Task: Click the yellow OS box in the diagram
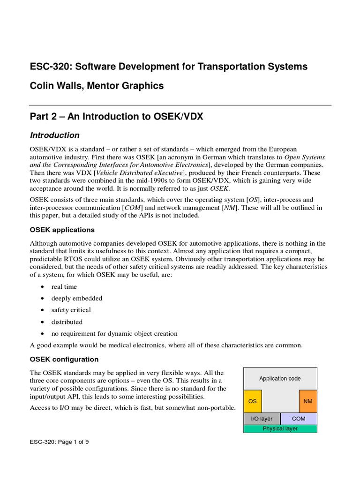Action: pyautogui.click(x=253, y=401)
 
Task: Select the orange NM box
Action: pyautogui.click(x=308, y=401)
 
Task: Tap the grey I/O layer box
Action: pyautogui.click(x=262, y=419)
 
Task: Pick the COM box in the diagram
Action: pyautogui.click(x=299, y=419)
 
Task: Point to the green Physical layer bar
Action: pyautogui.click(x=280, y=428)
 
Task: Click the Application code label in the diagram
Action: pyautogui.click(x=280, y=378)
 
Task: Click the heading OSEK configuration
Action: pyautogui.click(x=64, y=359)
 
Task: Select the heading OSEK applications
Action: pyautogui.click(x=62, y=230)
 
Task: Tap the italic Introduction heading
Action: pyautogui.click(x=55, y=135)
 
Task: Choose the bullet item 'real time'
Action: pyautogui.click(x=64, y=286)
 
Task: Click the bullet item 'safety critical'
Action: pyautogui.click(x=71, y=310)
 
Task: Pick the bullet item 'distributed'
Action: pyautogui.click(x=67, y=322)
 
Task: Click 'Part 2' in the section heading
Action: pyautogui.click(x=45, y=116)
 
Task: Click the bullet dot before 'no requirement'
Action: pyautogui.click(x=43, y=334)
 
